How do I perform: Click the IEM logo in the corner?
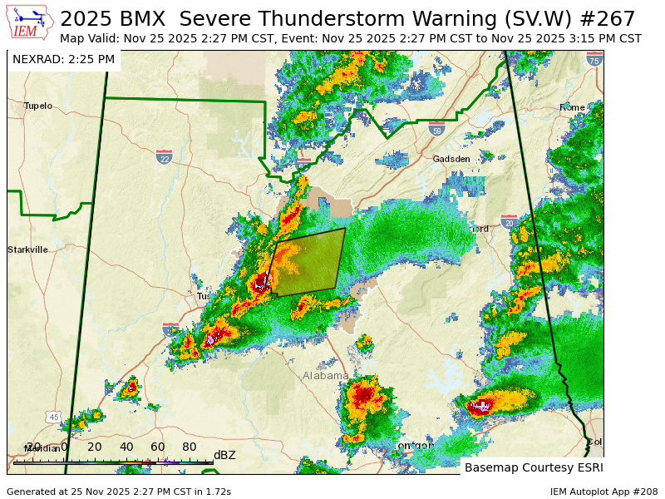(x=30, y=22)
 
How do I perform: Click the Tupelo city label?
(x=37, y=106)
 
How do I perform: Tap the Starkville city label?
(x=27, y=249)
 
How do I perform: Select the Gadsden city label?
(x=451, y=159)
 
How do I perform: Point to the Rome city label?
(x=572, y=107)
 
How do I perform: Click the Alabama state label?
(x=325, y=376)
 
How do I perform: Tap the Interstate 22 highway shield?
(x=164, y=156)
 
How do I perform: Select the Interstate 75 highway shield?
(x=594, y=59)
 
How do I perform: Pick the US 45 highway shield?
(x=54, y=417)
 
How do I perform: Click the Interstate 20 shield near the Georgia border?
(x=509, y=221)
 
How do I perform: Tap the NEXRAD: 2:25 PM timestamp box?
(x=63, y=59)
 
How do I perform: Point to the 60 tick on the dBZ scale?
(x=157, y=447)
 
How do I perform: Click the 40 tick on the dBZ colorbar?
(x=126, y=447)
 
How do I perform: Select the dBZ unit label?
(x=224, y=455)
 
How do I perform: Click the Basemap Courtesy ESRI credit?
(x=532, y=467)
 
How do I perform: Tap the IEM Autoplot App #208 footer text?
(x=603, y=492)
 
